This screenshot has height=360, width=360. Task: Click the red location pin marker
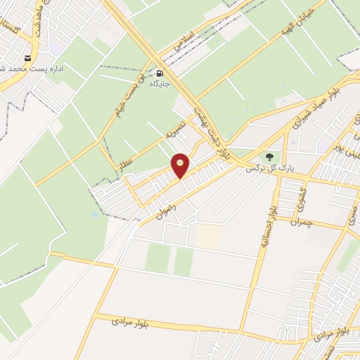(181, 165)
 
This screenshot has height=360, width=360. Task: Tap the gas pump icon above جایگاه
(161, 73)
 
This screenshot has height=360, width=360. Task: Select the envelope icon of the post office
(28, 58)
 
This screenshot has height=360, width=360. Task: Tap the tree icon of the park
(271, 157)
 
